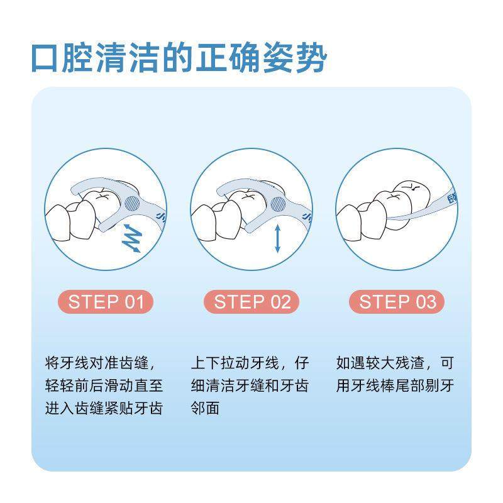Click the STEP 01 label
pos(106,302)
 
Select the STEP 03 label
pos(397,302)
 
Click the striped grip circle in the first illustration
pos(133,203)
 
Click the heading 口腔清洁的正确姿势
pos(179,58)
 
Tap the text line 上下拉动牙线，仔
pos(250,364)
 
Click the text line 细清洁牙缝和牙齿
pos(250,386)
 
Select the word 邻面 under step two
pos(205,408)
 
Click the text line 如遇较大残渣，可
pos(395,364)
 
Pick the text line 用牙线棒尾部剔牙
pos(395,386)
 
